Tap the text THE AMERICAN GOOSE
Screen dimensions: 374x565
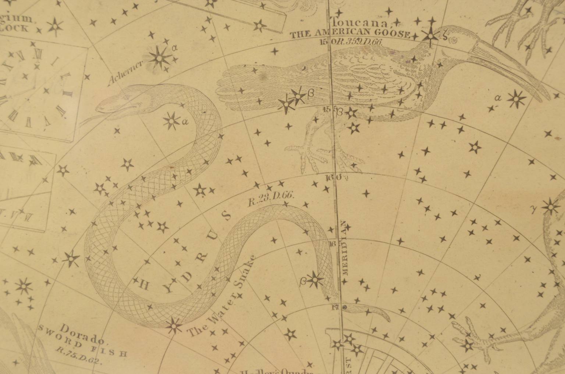350,35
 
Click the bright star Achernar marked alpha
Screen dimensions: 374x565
159,58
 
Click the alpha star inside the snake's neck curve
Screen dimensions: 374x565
171,121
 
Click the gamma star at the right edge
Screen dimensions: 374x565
551,207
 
